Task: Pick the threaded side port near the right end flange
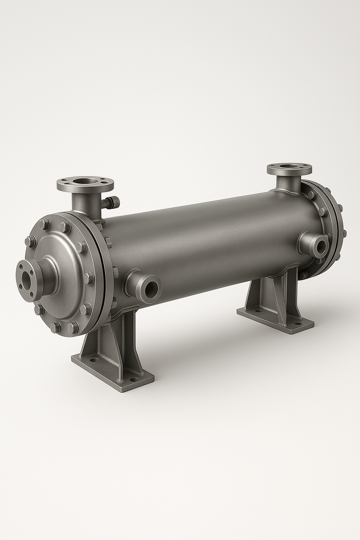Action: [320, 246]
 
